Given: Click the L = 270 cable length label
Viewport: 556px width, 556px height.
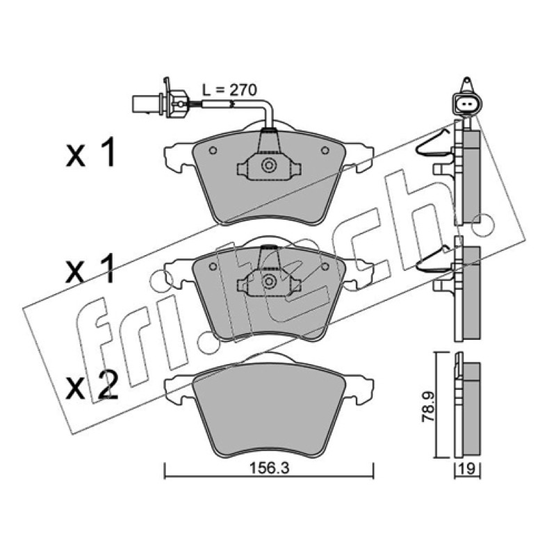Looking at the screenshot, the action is (229, 90).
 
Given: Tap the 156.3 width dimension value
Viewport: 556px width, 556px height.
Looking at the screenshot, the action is (270, 468).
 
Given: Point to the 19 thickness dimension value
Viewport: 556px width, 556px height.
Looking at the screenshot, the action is (467, 468).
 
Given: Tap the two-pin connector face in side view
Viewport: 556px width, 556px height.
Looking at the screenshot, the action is (467, 104).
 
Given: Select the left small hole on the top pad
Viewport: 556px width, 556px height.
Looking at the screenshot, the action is (213, 150).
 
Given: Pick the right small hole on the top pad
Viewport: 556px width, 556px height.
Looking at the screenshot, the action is (325, 150).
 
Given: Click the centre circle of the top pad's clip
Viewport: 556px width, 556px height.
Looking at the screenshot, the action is (269, 165).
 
